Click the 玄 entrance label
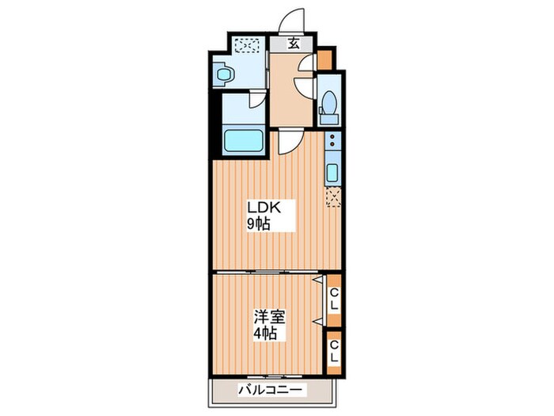point(294,44)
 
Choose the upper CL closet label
point(334,299)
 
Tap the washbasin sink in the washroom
point(225,75)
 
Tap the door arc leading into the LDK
point(289,140)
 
